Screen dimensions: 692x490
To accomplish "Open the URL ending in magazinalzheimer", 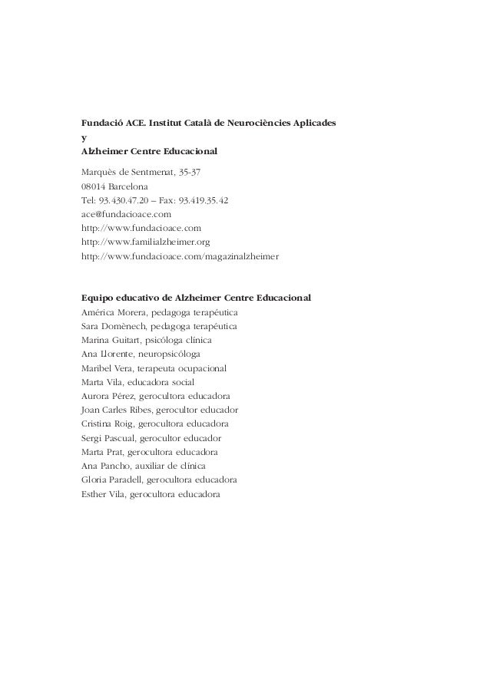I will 180,257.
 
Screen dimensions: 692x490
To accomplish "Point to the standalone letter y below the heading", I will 84,138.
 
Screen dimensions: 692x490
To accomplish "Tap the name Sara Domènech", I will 112,326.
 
